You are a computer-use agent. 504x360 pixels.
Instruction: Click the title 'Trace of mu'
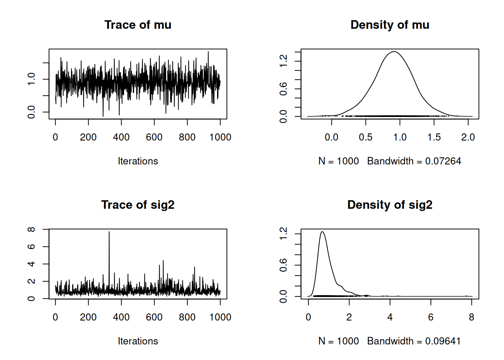138,25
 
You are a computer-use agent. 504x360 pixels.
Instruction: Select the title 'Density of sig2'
390,205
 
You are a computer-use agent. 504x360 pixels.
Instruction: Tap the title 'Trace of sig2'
138,205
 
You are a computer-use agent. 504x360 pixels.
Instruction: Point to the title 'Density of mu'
390,25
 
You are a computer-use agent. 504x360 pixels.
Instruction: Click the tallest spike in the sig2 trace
109,232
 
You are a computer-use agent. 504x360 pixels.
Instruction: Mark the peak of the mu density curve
394,52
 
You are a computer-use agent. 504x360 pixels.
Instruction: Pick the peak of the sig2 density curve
322,232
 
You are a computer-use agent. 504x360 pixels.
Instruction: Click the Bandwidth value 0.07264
443,161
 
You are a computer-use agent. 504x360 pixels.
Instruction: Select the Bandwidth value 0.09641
442,341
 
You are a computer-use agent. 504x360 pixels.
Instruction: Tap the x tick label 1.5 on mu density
434,137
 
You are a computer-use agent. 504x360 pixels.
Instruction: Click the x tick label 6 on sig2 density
430,317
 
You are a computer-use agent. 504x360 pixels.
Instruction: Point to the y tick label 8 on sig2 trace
31,229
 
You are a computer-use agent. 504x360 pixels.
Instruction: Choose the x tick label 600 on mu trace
154,137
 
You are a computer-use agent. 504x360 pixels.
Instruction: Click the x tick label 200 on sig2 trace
88,317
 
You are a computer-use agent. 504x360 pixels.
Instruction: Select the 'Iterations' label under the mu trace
138,161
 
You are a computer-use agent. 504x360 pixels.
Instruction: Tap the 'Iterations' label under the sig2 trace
138,341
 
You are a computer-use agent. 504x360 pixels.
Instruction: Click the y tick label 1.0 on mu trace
31,79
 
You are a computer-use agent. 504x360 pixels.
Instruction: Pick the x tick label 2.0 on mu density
468,137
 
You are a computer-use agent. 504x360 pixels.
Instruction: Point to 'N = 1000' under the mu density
338,161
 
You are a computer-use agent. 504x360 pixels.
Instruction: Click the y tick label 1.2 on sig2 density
283,234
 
